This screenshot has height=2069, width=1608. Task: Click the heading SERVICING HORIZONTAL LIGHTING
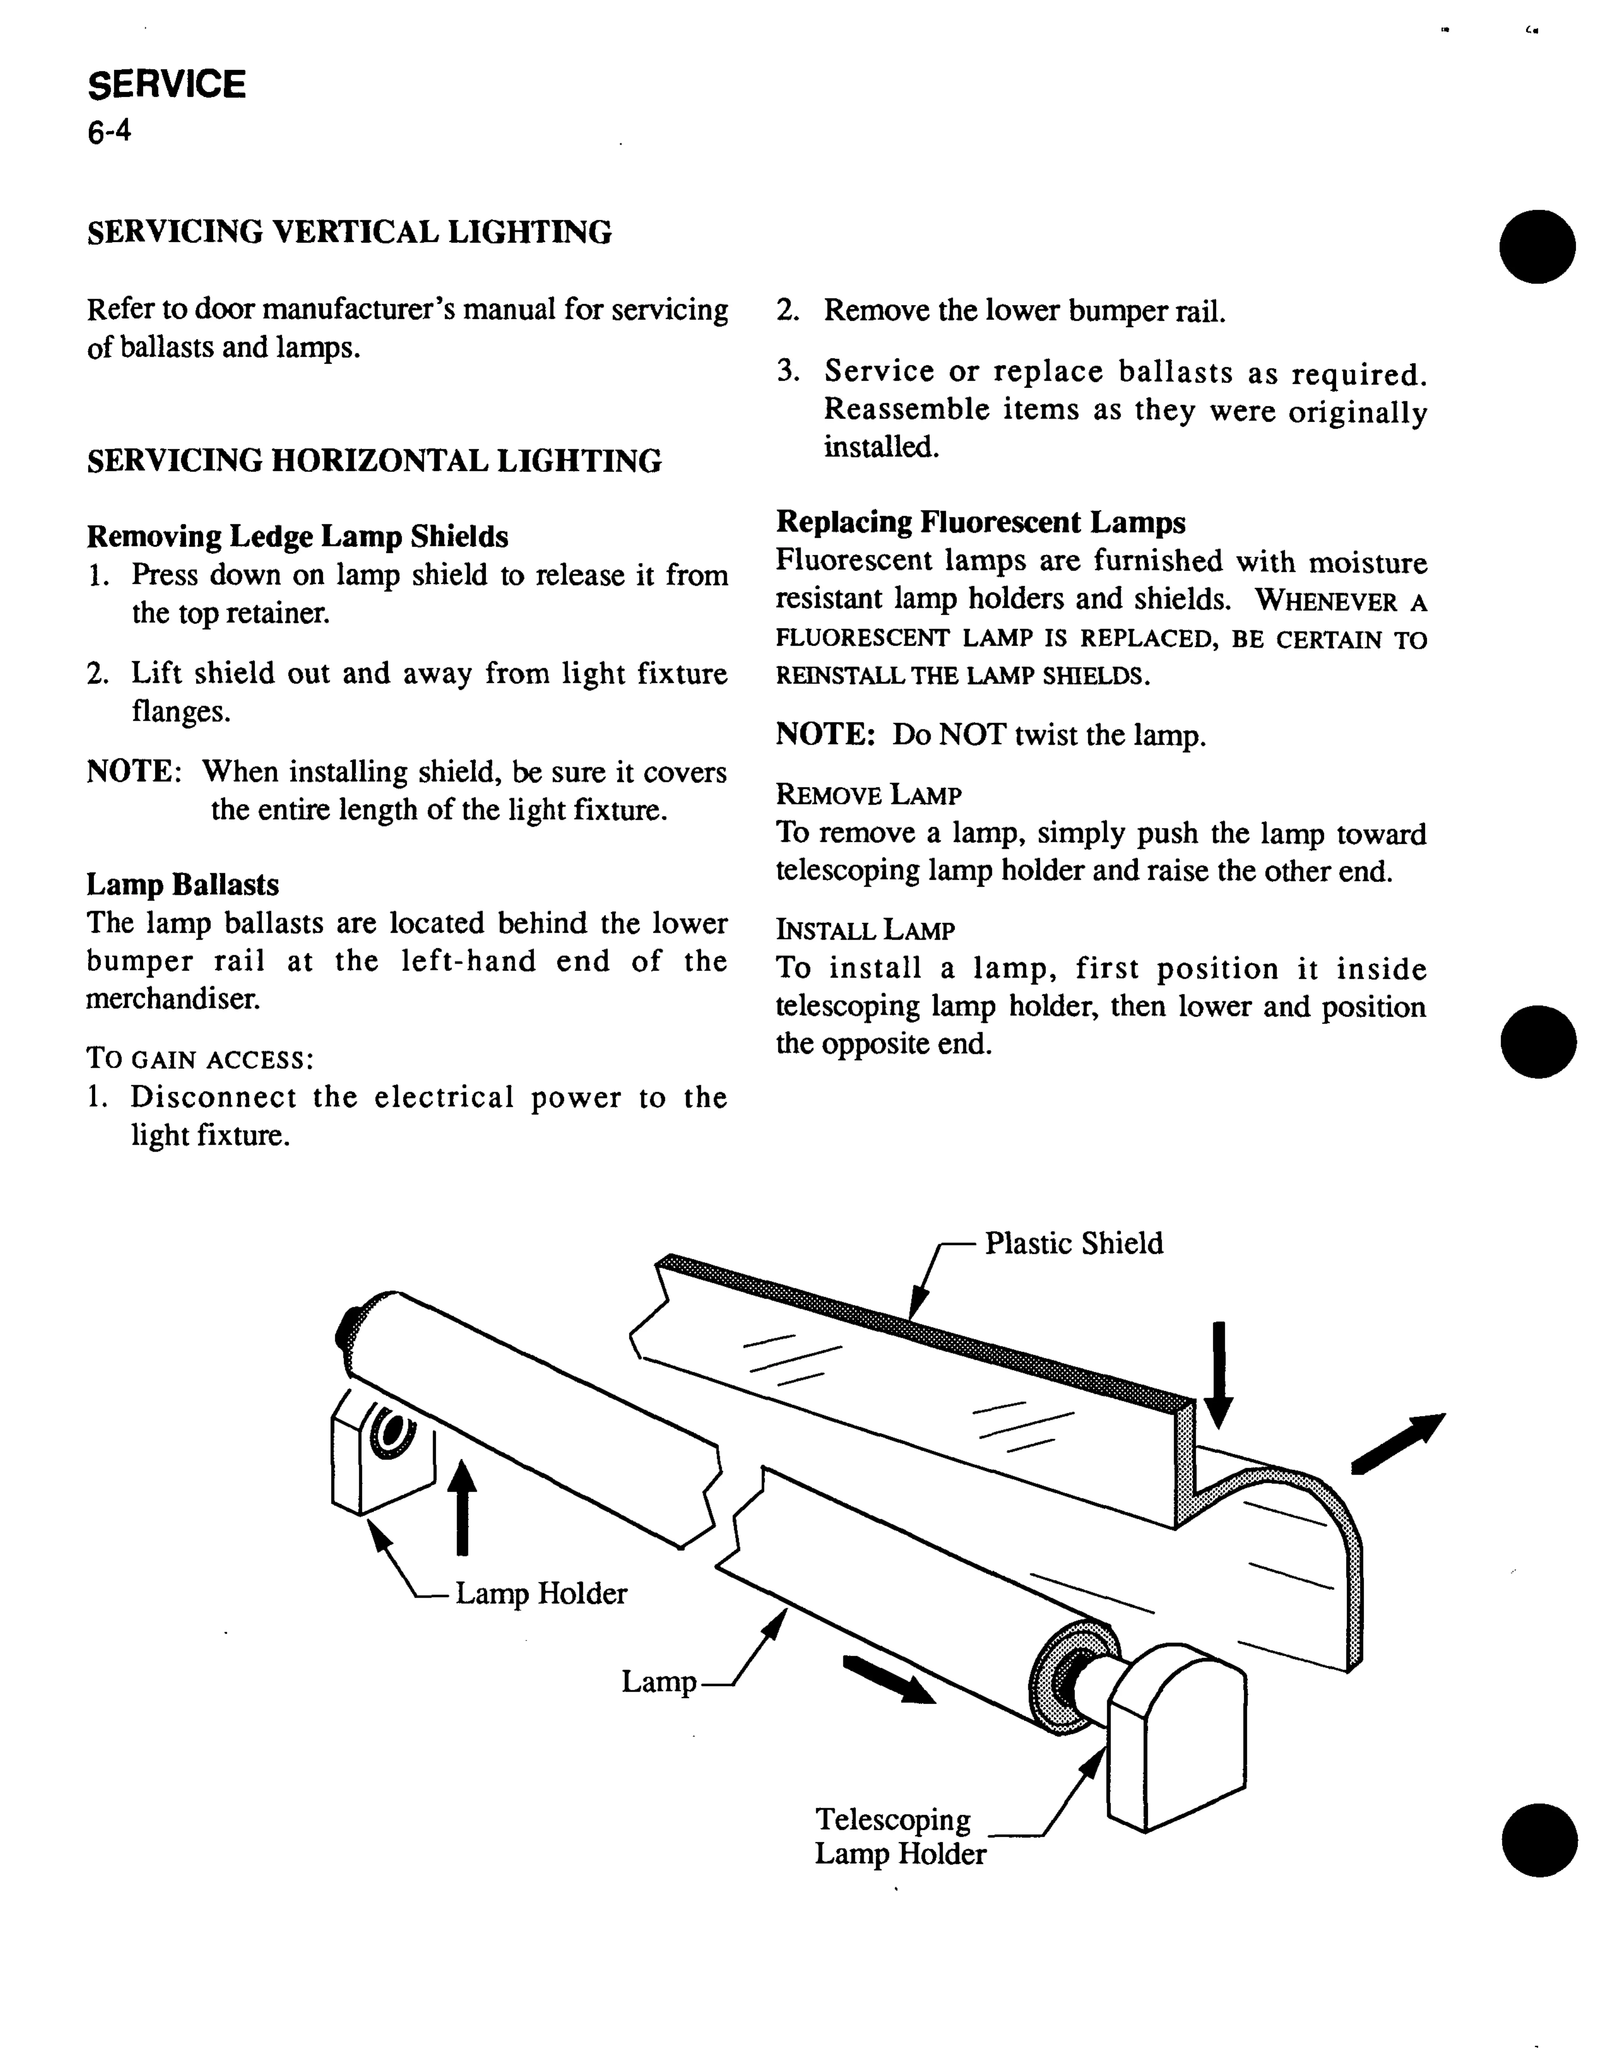(x=374, y=461)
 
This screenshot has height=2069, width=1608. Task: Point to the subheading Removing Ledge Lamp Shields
(x=298, y=537)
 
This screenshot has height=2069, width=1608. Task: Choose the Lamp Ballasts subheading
(x=183, y=885)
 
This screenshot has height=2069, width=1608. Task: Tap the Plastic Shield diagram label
(x=1073, y=1243)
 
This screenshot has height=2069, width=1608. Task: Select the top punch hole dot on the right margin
(x=1537, y=246)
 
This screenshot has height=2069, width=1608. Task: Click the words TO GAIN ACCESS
(x=200, y=1058)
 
